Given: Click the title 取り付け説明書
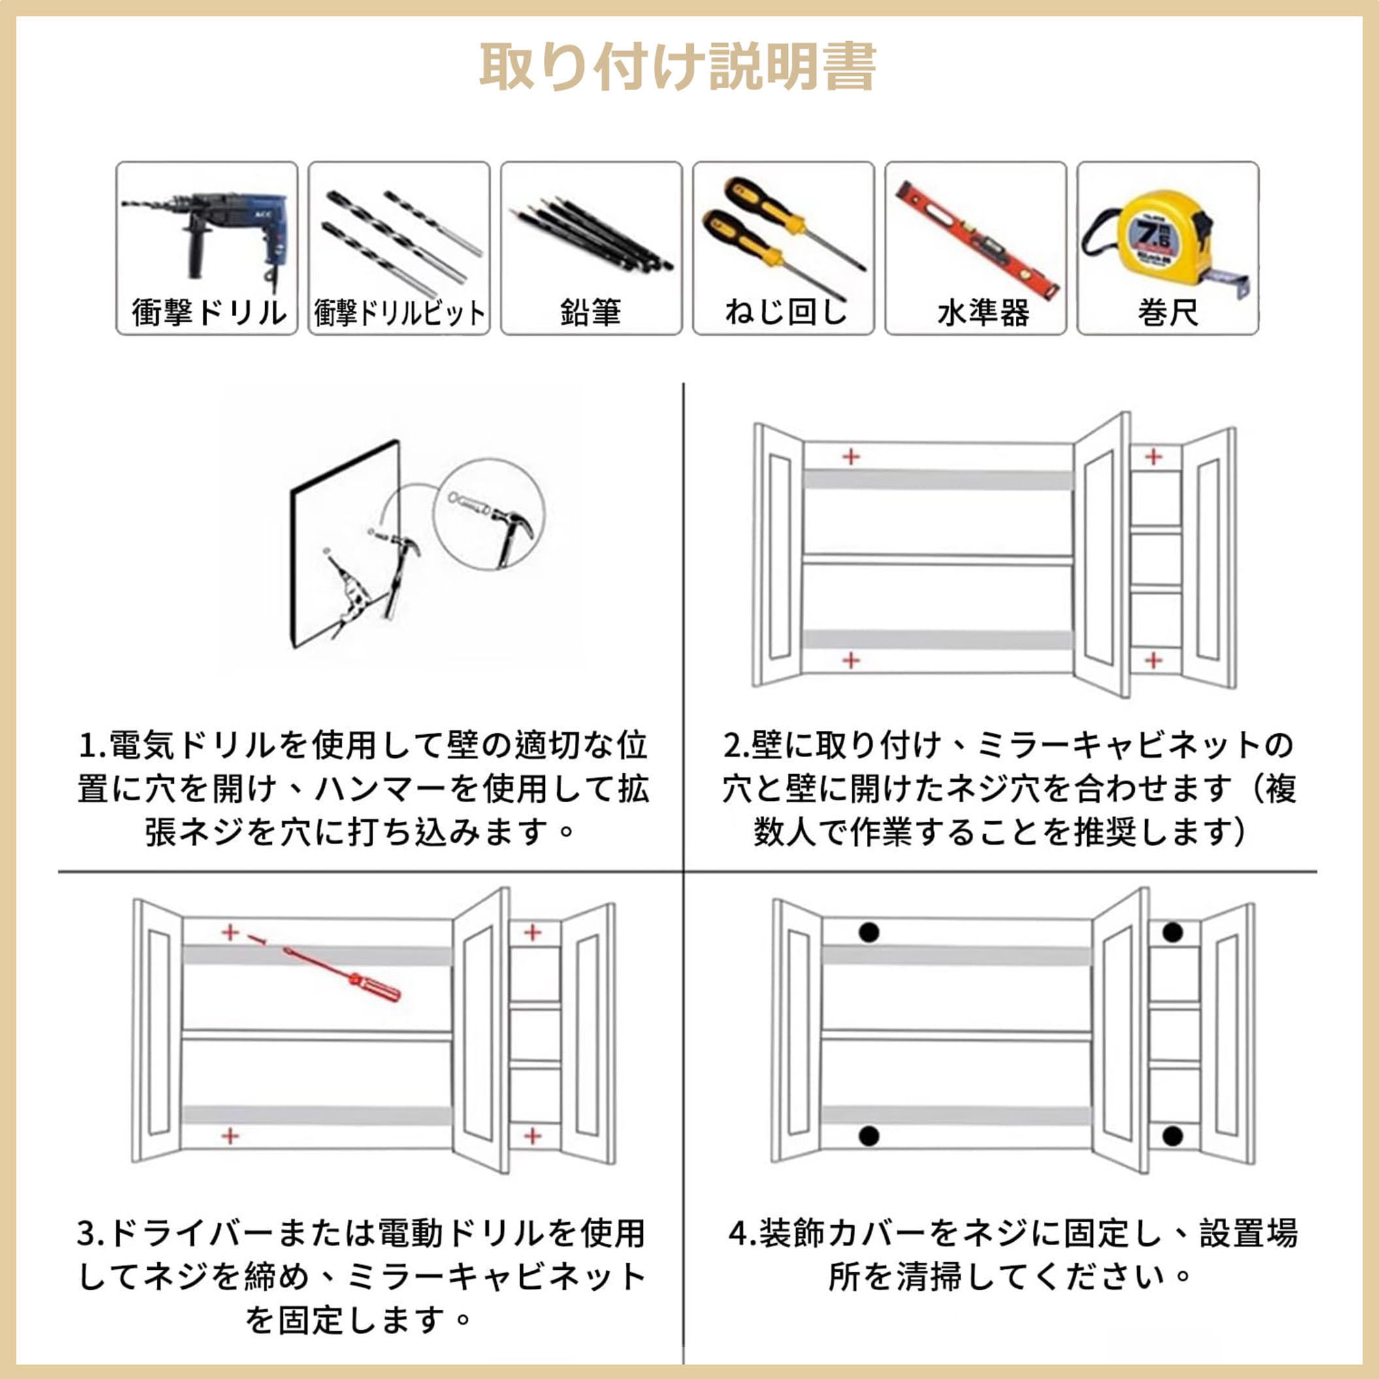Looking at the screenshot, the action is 677,67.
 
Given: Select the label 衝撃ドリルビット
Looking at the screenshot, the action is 399,313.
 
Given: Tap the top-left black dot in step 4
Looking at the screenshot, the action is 869,932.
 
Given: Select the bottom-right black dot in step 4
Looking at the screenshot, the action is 1173,1136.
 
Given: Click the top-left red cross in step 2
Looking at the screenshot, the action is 850,456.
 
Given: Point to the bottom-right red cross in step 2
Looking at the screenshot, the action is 1154,660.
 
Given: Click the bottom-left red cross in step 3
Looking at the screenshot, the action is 230,1135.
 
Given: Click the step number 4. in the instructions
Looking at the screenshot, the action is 742,1234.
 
